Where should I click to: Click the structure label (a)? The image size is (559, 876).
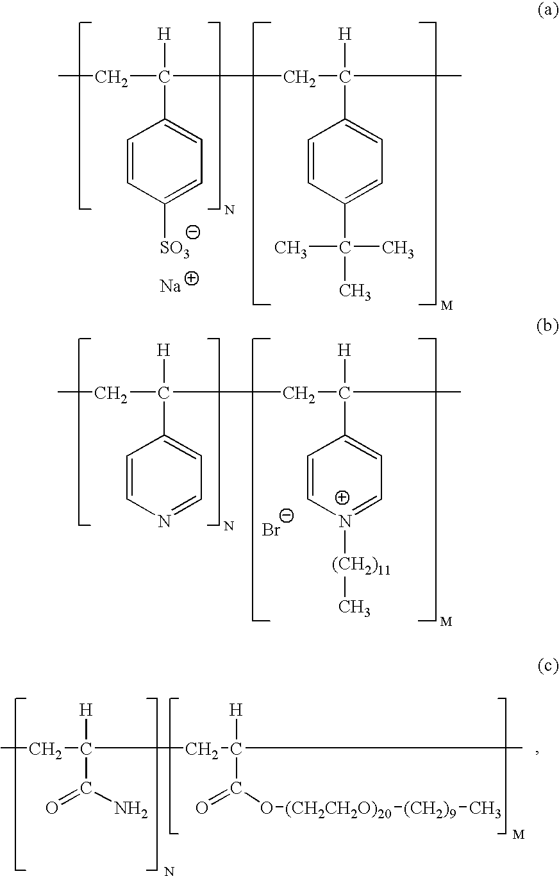click(547, 10)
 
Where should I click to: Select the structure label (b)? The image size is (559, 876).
click(547, 325)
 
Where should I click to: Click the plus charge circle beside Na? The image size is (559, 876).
click(192, 278)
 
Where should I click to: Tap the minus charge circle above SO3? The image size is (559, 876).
click(193, 232)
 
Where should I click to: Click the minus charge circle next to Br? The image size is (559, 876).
click(287, 516)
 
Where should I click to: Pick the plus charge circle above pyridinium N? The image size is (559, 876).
click(342, 498)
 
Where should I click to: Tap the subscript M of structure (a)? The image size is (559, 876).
click(447, 306)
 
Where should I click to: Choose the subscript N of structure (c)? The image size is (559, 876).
click(169, 871)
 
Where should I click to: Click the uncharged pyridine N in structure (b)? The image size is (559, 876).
click(164, 521)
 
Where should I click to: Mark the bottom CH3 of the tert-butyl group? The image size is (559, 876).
click(355, 292)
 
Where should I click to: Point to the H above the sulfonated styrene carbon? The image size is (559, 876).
click(164, 35)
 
